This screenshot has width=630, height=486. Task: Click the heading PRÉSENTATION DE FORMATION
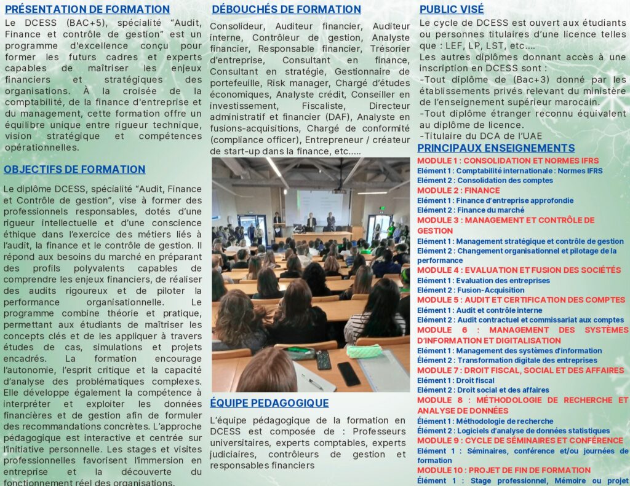(x=87, y=9)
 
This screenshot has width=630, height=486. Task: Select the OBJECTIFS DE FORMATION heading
(x=74, y=170)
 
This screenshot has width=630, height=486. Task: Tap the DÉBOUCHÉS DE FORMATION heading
(x=286, y=9)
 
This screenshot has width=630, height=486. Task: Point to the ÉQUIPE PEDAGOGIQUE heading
(x=269, y=403)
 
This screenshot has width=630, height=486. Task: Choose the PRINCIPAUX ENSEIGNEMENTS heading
(x=496, y=148)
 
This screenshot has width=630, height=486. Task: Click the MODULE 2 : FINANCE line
(x=458, y=190)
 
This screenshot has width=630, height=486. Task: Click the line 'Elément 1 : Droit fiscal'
(x=455, y=380)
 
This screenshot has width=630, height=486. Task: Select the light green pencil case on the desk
(x=364, y=351)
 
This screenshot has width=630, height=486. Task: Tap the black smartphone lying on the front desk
(x=348, y=374)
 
